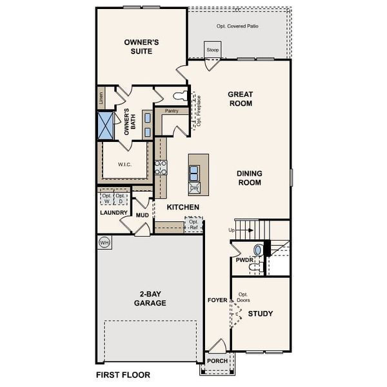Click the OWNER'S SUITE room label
(141, 46)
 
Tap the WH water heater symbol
(104, 243)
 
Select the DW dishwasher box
(194, 188)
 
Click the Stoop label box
(213, 50)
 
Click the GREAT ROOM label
(240, 99)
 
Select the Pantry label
(172, 111)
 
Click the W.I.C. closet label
(124, 164)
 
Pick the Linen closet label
(101, 99)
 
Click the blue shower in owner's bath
(104, 125)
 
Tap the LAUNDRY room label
(113, 212)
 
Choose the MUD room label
(143, 215)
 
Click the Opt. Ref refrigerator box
(193, 224)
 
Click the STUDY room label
(261, 313)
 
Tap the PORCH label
(217, 361)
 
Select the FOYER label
(217, 301)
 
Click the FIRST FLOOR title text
(123, 374)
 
